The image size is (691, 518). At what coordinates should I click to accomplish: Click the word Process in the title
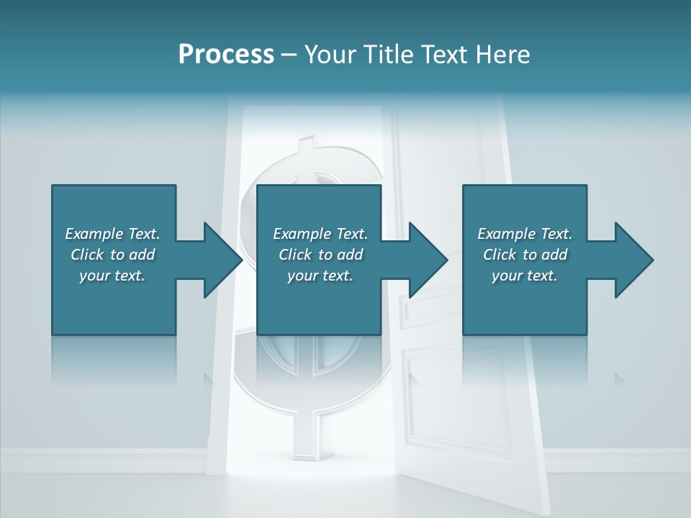226,55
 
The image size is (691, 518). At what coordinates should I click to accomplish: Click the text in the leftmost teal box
112,255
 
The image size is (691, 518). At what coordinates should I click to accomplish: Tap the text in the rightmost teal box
525,255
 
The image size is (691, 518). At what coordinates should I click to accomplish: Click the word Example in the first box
94,234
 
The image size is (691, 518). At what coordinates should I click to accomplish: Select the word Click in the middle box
294,255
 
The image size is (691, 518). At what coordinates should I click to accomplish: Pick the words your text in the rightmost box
525,276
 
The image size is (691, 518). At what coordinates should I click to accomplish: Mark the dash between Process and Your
289,55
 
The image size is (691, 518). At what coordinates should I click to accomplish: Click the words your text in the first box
112,276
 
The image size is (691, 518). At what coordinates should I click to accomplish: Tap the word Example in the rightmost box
507,234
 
